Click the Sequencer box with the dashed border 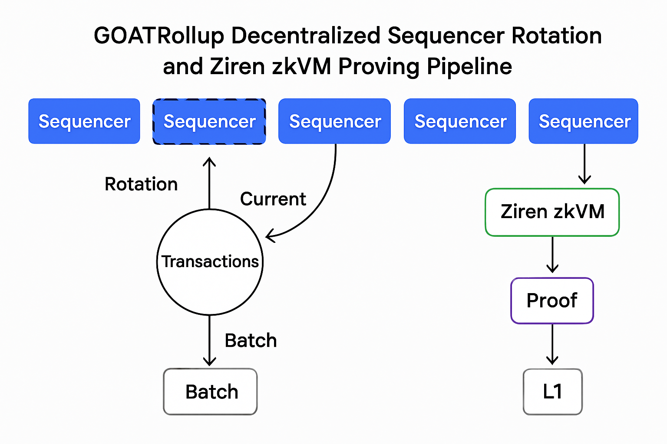[x=209, y=121]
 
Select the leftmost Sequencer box [x=84, y=121]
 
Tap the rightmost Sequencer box [x=583, y=121]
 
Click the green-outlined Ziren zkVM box [x=552, y=212]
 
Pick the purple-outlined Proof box [x=552, y=300]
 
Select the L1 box [x=552, y=392]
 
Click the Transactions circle [x=210, y=262]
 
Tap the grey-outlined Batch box [x=210, y=392]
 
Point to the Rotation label [x=141, y=184]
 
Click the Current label [x=273, y=199]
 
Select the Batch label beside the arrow [x=251, y=340]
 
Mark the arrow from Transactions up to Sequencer [x=210, y=182]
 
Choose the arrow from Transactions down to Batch [x=210, y=340]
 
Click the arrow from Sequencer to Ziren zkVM [x=584, y=164]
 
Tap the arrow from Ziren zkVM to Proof [x=552, y=255]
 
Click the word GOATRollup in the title [x=158, y=36]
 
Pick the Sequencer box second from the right [x=460, y=121]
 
